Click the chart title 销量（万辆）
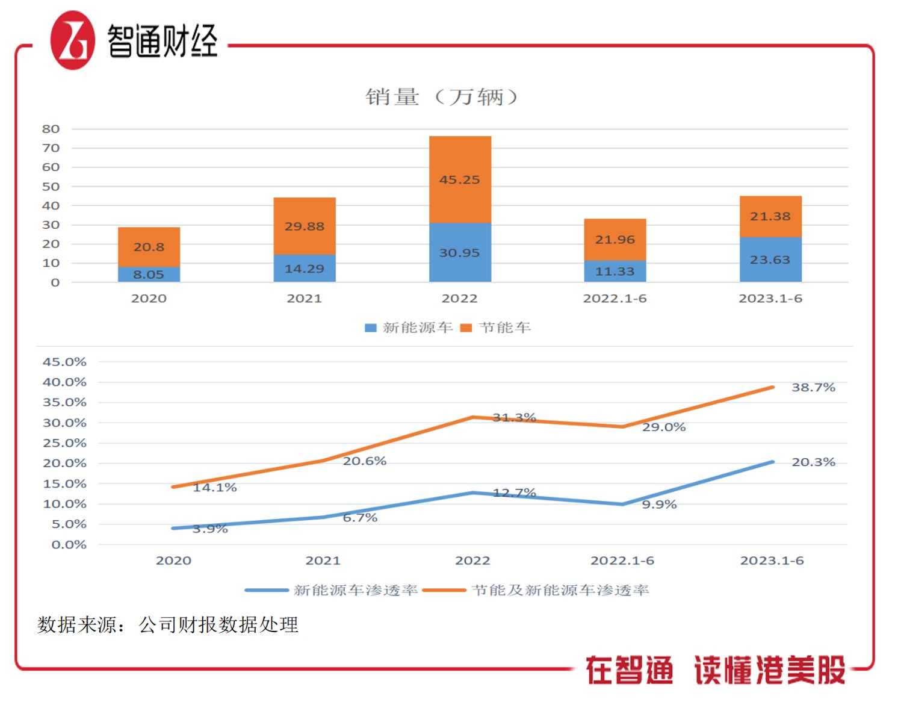pos(441,96)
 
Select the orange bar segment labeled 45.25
pos(460,179)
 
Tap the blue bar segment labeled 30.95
pos(460,252)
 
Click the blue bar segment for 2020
pos(149,274)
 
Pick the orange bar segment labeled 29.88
pos(305,226)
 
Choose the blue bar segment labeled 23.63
pos(770,259)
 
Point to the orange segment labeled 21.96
pos(615,239)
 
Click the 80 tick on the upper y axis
pos(51,129)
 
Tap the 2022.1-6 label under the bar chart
pos(615,299)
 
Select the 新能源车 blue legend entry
pos(409,328)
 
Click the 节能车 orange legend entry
pos(496,328)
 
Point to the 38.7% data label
pos(813,388)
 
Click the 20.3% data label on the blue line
pos(813,462)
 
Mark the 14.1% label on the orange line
pos(215,488)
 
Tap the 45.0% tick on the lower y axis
pos(64,362)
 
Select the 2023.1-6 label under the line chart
pos(772,561)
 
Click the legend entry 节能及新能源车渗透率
pos(536,591)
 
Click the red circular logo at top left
pos(73,40)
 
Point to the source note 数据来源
pos(168,625)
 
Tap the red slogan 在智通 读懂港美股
pos(715,670)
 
